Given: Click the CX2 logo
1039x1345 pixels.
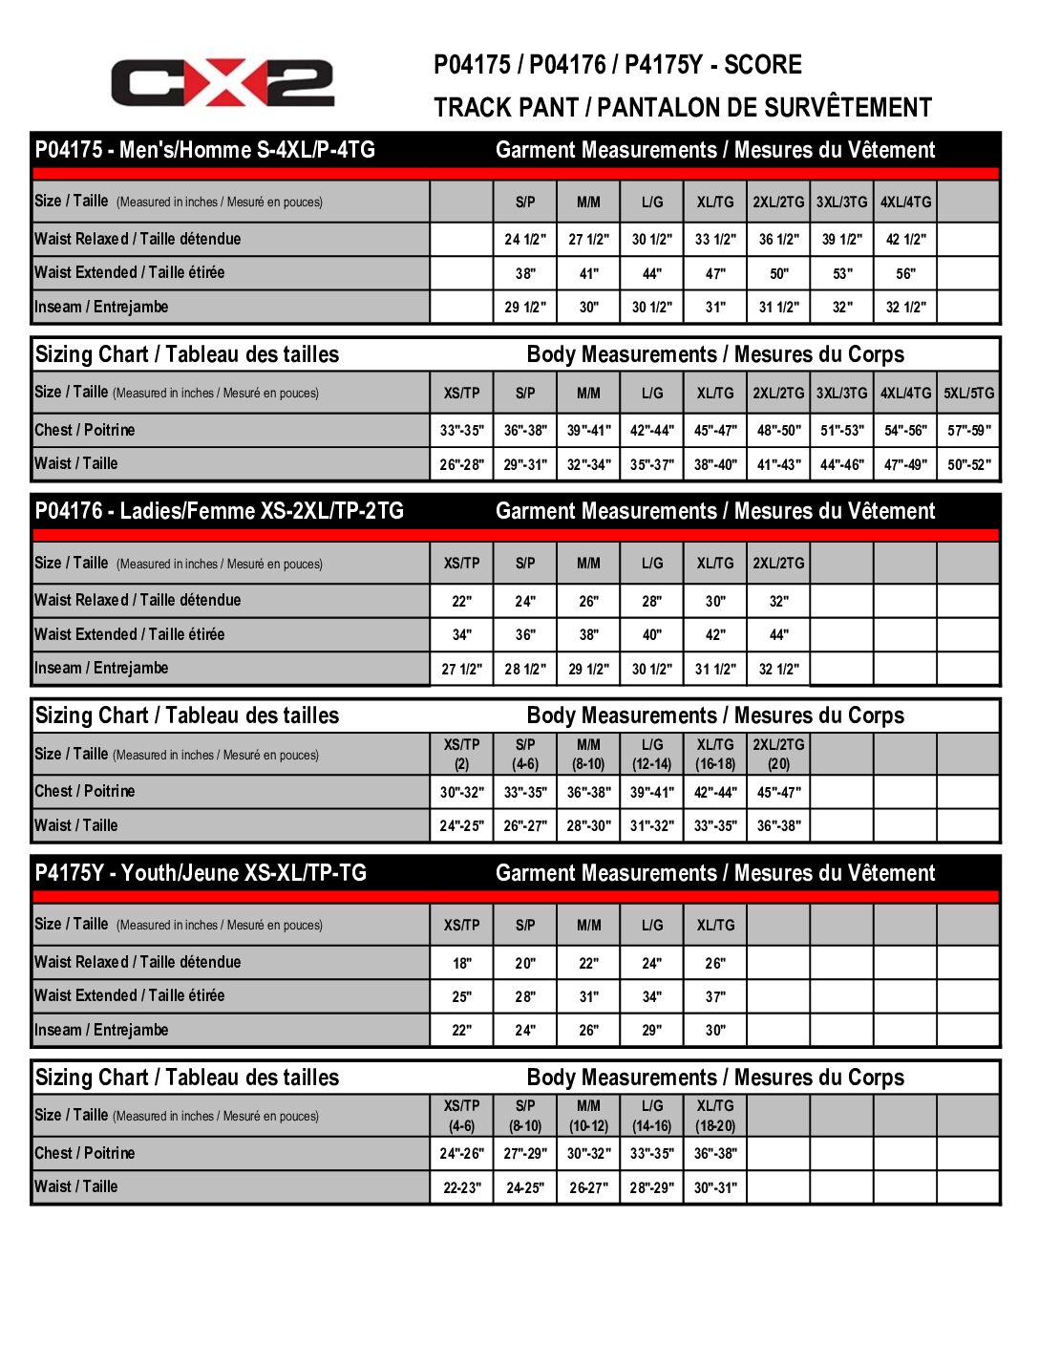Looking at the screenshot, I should [x=223, y=83].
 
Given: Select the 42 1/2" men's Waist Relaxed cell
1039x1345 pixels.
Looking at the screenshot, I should [x=905, y=240].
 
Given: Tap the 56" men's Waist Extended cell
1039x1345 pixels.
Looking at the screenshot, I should [x=905, y=273].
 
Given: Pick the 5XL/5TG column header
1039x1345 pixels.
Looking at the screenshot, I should [x=968, y=393].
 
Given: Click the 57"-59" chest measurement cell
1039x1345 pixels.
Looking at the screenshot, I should [x=968, y=431].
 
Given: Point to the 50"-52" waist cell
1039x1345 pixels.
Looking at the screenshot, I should [x=968, y=464].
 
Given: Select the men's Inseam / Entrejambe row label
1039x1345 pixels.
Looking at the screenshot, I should [x=101, y=307].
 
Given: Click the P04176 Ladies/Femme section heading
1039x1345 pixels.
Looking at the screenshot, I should [x=220, y=511].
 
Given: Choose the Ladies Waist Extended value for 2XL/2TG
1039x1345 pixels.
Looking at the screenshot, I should [x=779, y=635].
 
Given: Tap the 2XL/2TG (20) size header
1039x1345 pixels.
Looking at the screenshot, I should [x=779, y=754].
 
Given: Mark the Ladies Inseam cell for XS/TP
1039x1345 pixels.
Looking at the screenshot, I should [x=461, y=670].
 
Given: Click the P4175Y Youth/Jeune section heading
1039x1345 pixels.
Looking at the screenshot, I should [x=201, y=873].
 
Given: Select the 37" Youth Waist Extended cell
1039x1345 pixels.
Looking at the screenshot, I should [x=715, y=997].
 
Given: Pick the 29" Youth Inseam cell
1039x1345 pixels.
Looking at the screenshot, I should [x=651, y=1031].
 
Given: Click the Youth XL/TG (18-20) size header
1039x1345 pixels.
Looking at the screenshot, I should [x=715, y=1116].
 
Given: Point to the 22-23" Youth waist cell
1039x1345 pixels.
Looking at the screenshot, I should [x=461, y=1188].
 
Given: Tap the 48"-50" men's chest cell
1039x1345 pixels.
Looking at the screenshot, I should [x=779, y=431].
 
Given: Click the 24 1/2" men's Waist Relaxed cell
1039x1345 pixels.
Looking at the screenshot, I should [x=525, y=240].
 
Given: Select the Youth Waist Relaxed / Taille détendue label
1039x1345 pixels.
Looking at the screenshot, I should [x=138, y=962].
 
